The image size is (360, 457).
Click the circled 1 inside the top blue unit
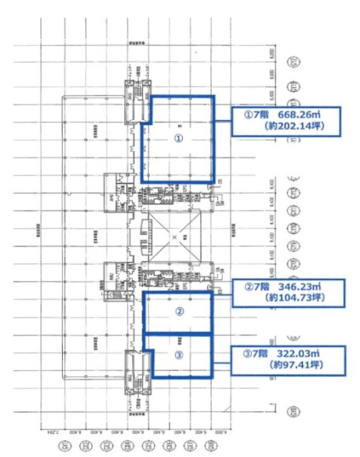(179, 138)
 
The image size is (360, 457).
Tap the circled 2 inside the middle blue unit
(179, 311)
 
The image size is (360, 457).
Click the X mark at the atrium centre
(174, 236)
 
